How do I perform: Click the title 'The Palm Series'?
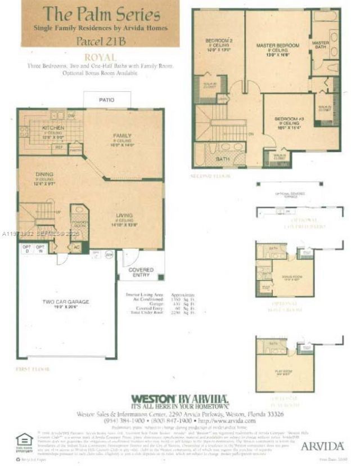tap(101, 14)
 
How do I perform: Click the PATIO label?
tap(106, 100)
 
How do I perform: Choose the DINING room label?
tap(44, 174)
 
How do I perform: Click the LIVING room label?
tap(124, 215)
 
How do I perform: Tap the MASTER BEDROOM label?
tap(276, 44)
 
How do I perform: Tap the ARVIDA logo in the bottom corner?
tap(322, 446)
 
